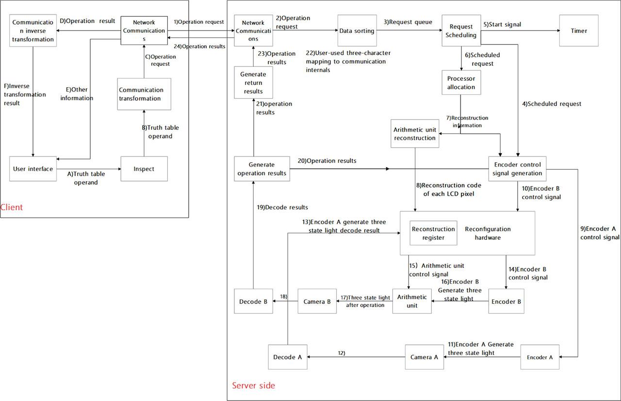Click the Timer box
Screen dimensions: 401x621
(579, 31)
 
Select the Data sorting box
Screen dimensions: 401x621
(357, 31)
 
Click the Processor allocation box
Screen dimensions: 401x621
(461, 83)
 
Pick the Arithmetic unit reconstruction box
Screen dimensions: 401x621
(414, 134)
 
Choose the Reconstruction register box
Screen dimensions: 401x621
(433, 233)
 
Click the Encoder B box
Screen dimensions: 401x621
(507, 301)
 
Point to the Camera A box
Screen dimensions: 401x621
(424, 357)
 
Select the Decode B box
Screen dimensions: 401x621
(253, 301)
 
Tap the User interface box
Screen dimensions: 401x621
(33, 169)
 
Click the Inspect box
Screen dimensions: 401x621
(144, 169)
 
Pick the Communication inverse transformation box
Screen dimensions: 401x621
(33, 31)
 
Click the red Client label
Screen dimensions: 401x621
(12, 207)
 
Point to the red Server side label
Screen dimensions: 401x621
(253, 386)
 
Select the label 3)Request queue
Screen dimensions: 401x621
(408, 22)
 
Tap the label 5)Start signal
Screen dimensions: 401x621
(502, 24)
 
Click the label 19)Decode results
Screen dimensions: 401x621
(282, 207)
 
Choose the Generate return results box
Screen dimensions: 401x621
(253, 83)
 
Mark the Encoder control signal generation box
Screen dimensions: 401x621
(518, 169)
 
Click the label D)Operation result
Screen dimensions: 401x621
(87, 21)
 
